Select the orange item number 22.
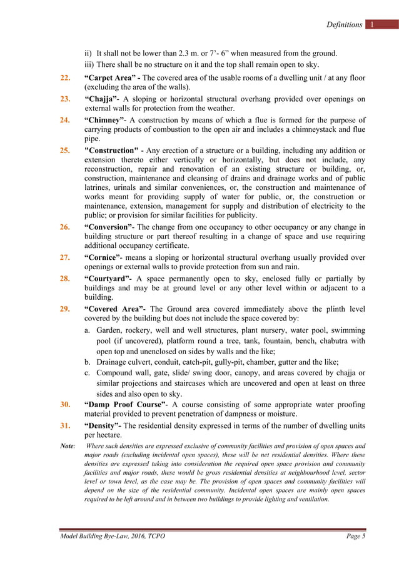click(x=65, y=77)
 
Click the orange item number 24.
click(x=65, y=120)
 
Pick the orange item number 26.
click(x=65, y=227)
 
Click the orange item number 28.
click(x=65, y=278)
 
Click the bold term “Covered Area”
click(x=114, y=309)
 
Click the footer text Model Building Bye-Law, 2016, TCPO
click(x=113, y=537)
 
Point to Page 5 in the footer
click(x=355, y=537)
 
